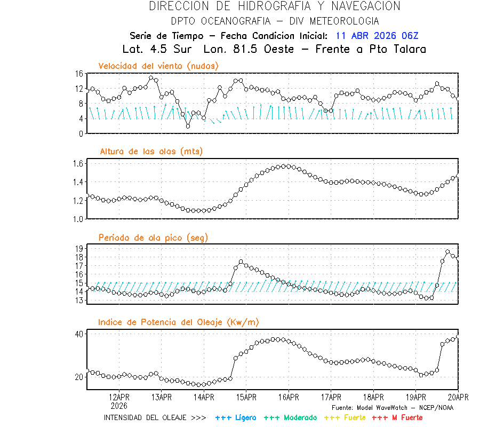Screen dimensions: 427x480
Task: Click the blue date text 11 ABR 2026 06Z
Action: pos(377,36)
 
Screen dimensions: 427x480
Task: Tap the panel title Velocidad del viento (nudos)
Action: pos(158,66)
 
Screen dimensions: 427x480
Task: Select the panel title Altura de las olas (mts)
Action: pos(151,152)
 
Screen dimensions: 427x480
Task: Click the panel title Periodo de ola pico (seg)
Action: pos(153,238)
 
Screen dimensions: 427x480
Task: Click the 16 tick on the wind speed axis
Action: pos(79,74)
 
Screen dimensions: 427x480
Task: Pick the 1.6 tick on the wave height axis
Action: pos(77,163)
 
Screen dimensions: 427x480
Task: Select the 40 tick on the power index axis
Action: pos(79,334)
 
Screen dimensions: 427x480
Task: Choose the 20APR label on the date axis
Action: pos(458,397)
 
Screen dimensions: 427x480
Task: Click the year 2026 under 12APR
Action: pos(119,406)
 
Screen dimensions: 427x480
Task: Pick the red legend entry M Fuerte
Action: pos(397,417)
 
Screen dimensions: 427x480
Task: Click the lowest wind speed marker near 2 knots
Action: pos(188,126)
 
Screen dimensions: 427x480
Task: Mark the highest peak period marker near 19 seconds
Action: pos(448,252)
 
